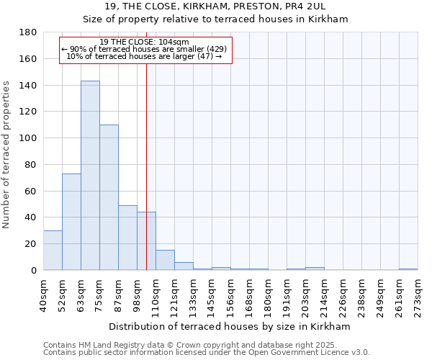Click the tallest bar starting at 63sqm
click(90, 176)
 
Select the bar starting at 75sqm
click(109, 197)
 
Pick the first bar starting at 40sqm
click(53, 251)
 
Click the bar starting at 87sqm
click(127, 238)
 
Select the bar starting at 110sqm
click(165, 260)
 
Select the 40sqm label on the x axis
click(43, 295)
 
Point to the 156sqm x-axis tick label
click(230, 295)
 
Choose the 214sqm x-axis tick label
click(324, 295)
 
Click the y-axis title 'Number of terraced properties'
click(7, 155)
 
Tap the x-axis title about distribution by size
click(230, 326)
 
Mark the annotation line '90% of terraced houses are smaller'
click(145, 49)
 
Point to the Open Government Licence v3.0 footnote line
click(207, 353)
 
